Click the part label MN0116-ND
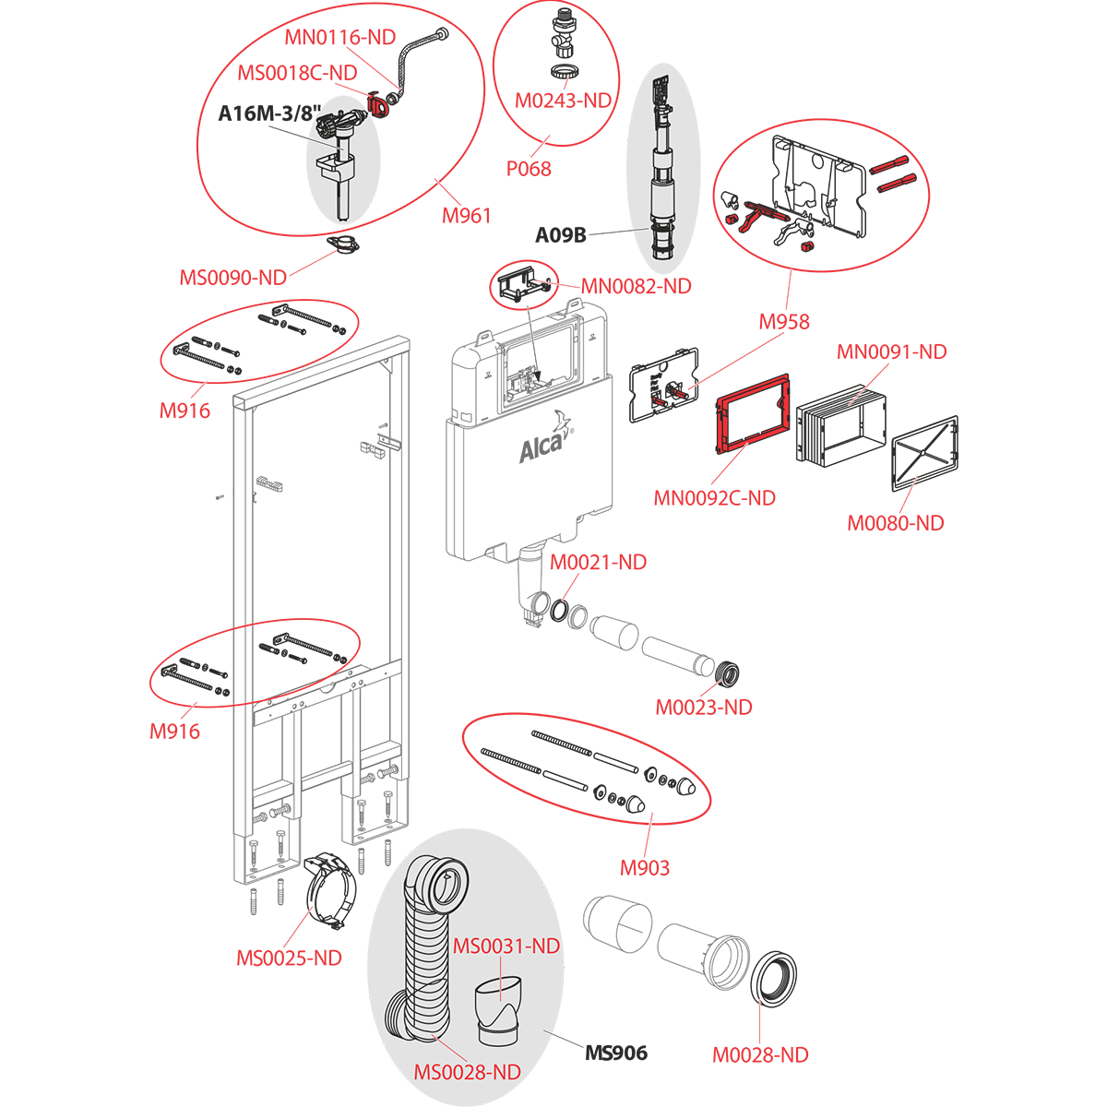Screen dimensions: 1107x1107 (x=339, y=38)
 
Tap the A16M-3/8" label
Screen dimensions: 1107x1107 (x=264, y=113)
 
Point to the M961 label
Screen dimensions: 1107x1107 (x=466, y=216)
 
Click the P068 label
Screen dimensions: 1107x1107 (x=529, y=169)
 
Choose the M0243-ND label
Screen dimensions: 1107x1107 (x=564, y=101)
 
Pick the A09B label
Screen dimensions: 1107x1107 (x=561, y=235)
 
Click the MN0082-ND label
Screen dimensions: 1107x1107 (x=636, y=286)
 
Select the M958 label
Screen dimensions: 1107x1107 (x=784, y=321)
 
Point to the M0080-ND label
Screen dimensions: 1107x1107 (x=896, y=523)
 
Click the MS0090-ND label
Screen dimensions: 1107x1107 (x=232, y=277)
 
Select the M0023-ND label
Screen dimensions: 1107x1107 (x=704, y=708)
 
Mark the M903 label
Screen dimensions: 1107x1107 (x=645, y=867)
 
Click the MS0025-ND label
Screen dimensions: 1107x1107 (x=289, y=958)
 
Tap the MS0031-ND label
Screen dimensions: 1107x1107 (x=506, y=946)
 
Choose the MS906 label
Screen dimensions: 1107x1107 (x=616, y=1053)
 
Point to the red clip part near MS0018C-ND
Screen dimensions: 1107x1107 (x=379, y=104)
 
